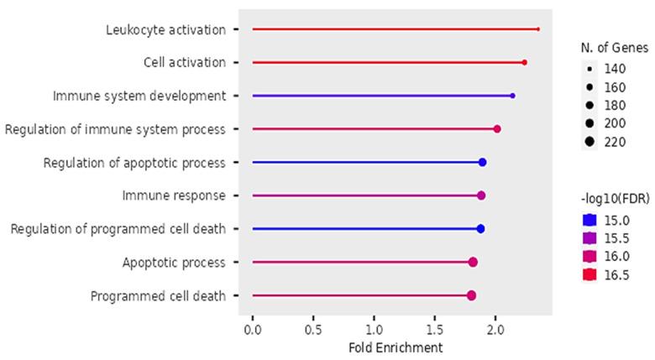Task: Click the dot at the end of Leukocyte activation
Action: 537,29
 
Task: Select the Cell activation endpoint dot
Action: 524,62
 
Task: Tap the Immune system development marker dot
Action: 512,96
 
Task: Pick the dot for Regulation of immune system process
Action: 497,128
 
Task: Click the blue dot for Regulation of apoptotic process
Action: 482,162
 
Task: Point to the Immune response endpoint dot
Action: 481,196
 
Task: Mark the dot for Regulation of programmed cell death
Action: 480,228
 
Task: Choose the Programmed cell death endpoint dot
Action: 471,295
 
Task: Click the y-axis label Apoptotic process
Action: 174,262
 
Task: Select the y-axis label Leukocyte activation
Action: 165,29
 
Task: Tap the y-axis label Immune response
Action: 174,196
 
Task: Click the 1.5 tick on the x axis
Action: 434,331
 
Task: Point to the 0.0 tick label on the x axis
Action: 252,331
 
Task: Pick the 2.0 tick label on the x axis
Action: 495,331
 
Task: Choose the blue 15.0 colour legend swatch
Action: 590,219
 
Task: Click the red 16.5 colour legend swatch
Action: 590,274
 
